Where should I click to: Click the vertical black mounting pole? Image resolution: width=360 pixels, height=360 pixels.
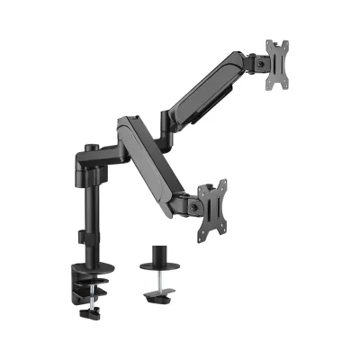coord(87,207)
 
